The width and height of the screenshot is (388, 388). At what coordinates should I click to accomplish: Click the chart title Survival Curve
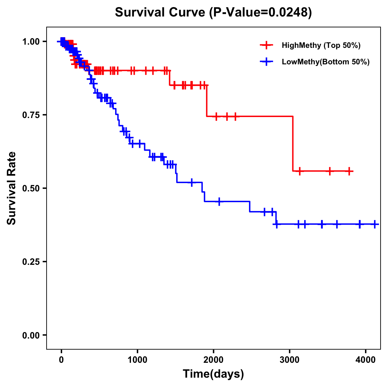(160, 13)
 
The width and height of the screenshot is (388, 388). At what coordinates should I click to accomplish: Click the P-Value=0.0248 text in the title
(260, 13)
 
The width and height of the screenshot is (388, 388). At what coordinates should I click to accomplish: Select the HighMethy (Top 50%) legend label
(321, 45)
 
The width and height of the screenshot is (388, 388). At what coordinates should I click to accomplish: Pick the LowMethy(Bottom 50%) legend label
(326, 62)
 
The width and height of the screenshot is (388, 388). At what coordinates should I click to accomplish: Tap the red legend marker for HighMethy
(266, 45)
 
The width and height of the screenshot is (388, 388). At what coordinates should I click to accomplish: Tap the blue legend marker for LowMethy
(266, 62)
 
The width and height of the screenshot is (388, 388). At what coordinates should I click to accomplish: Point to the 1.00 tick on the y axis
(31, 41)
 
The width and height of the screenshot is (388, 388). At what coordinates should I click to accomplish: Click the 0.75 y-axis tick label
(31, 115)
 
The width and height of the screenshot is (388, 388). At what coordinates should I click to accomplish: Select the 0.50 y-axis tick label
(31, 188)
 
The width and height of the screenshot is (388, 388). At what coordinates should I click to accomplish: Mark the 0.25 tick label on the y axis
(31, 262)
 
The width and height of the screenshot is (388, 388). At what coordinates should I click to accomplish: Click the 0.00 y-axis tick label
(31, 335)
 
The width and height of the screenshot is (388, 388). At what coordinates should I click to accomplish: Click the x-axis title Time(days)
(213, 374)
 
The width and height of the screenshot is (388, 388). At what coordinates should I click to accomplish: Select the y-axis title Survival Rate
(12, 188)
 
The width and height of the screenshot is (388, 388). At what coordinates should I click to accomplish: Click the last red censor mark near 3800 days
(350, 171)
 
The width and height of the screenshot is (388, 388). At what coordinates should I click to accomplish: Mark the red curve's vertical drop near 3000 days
(293, 144)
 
